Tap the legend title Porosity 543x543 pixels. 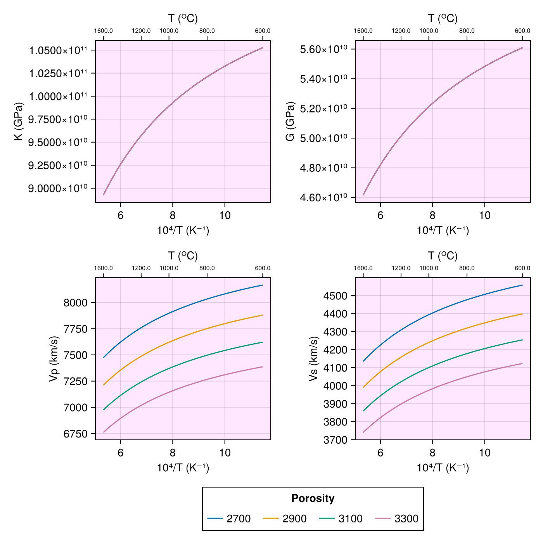pos(313,498)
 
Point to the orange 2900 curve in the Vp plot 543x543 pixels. pos(173,341)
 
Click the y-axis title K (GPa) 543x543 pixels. pos(19,121)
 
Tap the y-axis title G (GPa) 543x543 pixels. pos(290,121)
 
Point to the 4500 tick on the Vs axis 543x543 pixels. pos(335,296)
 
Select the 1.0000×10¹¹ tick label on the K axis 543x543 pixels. pos(59,96)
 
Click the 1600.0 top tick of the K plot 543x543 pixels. pos(104,31)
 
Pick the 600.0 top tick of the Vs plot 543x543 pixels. pos(522,268)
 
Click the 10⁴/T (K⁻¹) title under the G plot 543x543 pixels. pos(443,231)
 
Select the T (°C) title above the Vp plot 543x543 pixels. pos(183,256)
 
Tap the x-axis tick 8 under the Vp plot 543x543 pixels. pos(173,453)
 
